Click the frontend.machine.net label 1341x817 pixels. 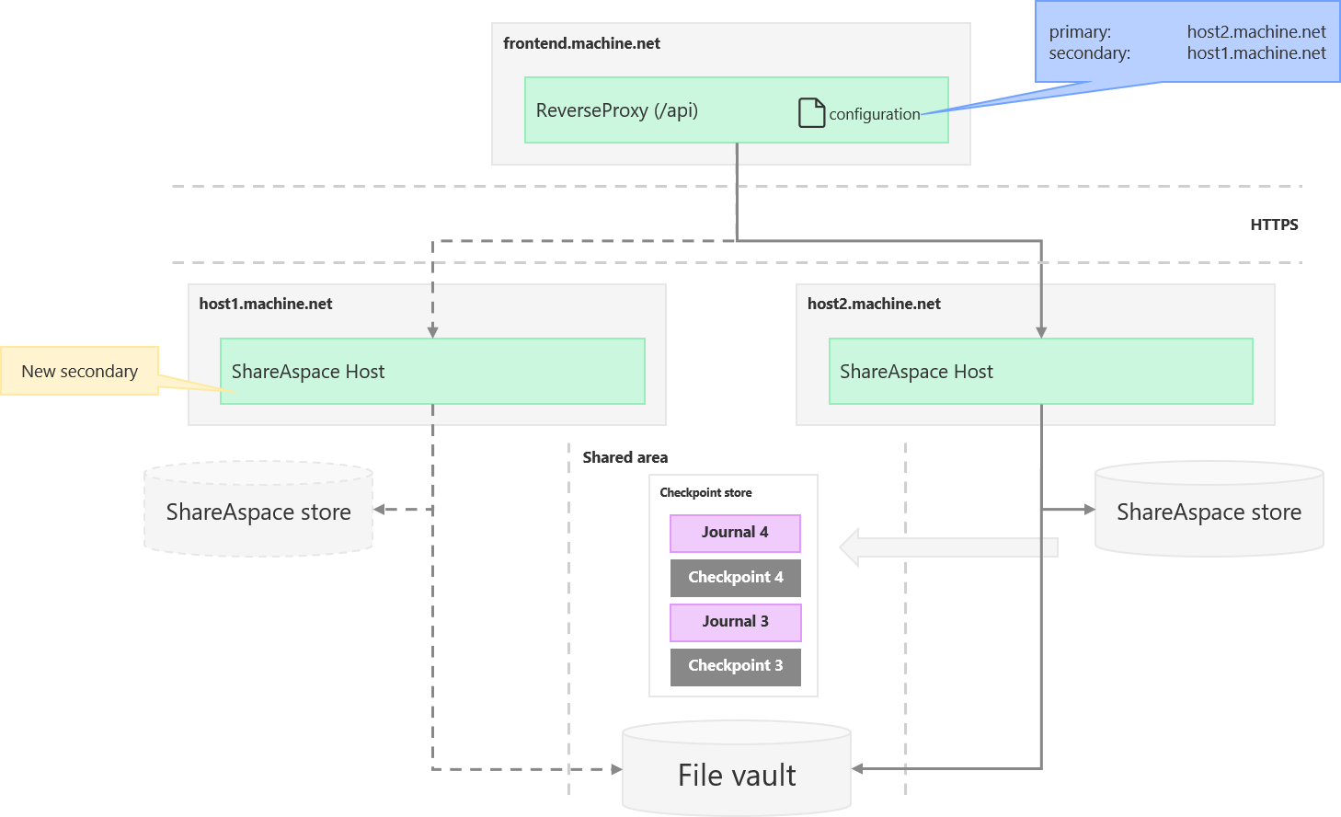pos(581,43)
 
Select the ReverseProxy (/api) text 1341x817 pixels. pos(616,110)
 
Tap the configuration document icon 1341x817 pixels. pos(811,112)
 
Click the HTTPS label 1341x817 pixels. pos(1273,224)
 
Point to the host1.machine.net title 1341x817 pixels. pos(266,304)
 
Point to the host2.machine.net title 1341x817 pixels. pos(874,304)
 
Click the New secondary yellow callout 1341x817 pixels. pos(80,371)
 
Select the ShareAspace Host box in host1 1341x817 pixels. pos(432,371)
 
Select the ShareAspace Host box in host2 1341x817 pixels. pos(1040,371)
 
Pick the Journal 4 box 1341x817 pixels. pos(735,533)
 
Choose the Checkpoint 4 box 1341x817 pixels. pos(735,578)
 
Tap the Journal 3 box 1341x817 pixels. pos(735,622)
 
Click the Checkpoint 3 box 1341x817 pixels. pos(735,666)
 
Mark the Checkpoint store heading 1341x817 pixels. pos(705,493)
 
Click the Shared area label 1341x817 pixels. pos(625,457)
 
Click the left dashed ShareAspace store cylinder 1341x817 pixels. pos(258,512)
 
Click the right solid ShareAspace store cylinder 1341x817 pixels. pos(1209,512)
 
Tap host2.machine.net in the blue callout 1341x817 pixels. pos(1256,32)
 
